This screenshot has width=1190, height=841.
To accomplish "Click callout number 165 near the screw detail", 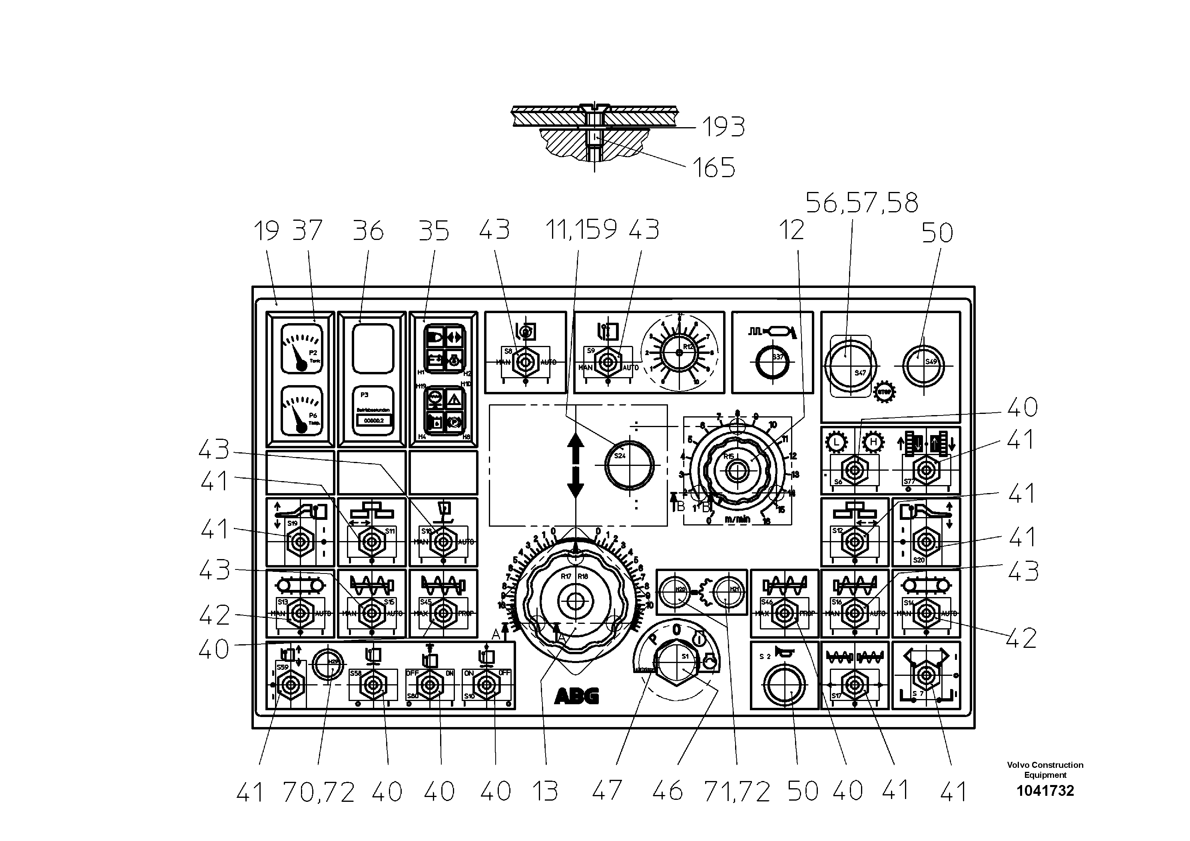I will coord(714,168).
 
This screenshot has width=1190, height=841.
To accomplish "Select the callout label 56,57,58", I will coord(861,203).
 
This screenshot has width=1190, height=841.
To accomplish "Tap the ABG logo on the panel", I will coord(577,696).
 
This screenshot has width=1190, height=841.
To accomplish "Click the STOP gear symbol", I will coord(884,392).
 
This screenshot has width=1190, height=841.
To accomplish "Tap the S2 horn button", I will coord(785,684).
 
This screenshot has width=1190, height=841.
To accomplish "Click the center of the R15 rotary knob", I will coord(736,470).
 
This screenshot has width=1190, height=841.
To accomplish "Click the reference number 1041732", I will coord(1045,791).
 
